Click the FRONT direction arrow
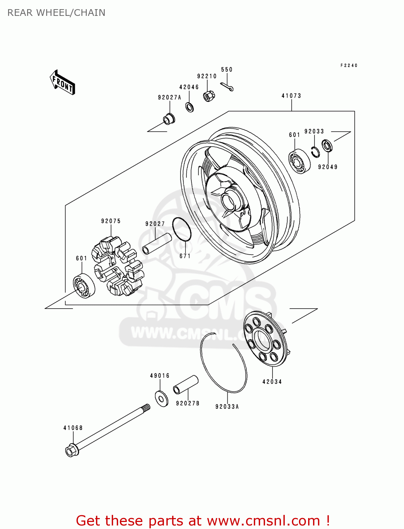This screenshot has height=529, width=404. [63, 83]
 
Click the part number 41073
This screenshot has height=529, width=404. [291, 96]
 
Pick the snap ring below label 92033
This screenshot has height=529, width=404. [316, 152]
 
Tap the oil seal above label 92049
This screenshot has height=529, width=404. [327, 145]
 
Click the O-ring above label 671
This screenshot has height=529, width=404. [182, 229]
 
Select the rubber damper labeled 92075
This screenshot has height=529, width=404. [117, 267]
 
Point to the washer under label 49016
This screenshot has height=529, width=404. [162, 399]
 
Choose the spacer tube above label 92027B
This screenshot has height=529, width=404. [186, 385]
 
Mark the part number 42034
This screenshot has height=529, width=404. [272, 382]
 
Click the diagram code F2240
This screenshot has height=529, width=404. [349, 65]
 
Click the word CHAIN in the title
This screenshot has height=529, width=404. [90, 13]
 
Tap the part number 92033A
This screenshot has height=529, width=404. [227, 407]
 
